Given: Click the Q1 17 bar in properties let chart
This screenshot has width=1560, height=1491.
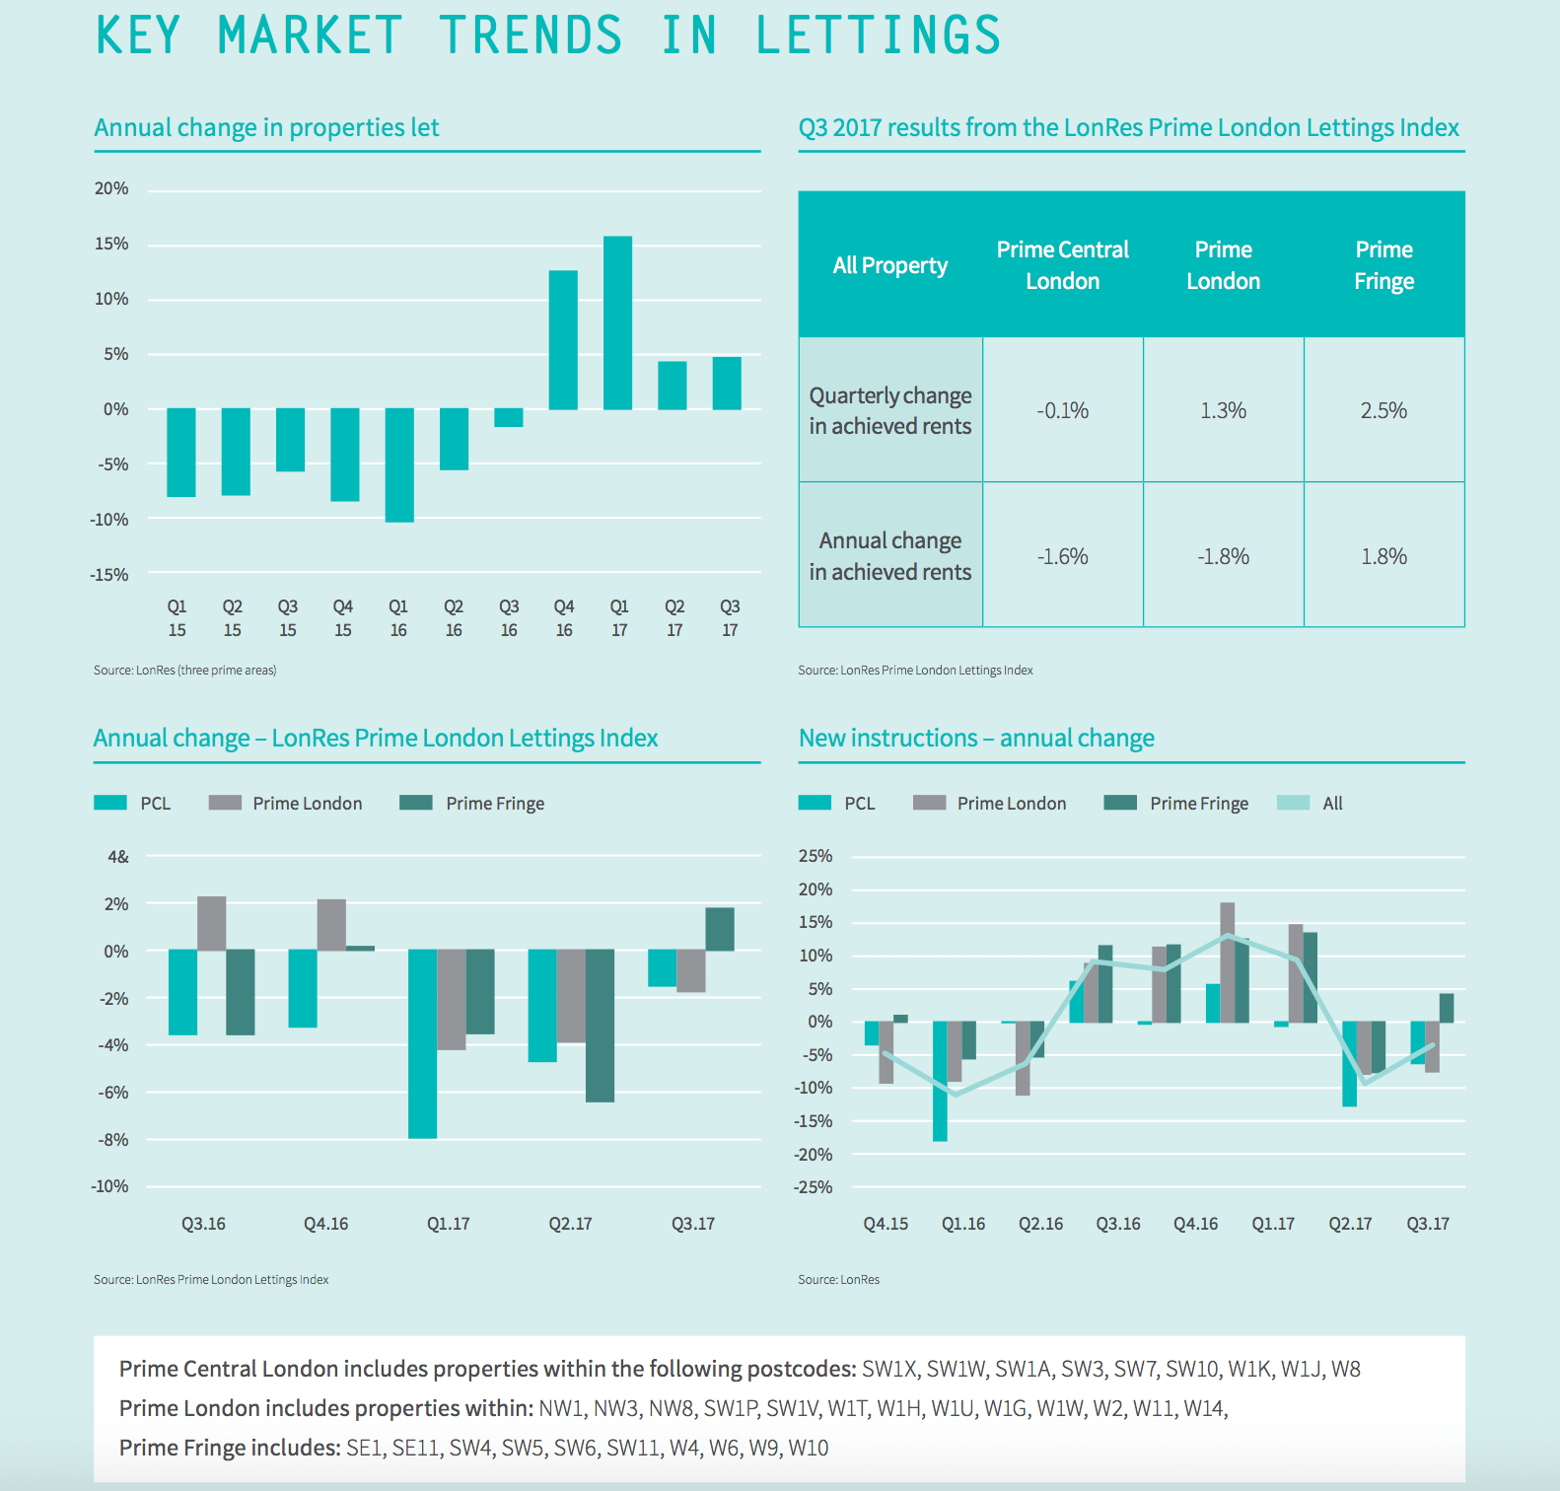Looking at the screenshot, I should (x=617, y=322).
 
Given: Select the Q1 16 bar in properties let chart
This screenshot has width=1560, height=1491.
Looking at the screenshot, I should (x=399, y=464).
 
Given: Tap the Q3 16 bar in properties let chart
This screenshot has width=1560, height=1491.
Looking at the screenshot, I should (x=509, y=417).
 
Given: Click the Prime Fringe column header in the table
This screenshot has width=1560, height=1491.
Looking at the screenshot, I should (x=1383, y=265).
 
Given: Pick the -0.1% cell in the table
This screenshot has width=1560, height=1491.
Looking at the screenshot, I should (x=1062, y=410).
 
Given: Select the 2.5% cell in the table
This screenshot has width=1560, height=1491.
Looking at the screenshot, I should (x=1383, y=410).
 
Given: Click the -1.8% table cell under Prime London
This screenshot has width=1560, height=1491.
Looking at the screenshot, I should (x=1223, y=556).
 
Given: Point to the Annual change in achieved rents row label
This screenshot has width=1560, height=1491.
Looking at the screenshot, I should (x=889, y=556).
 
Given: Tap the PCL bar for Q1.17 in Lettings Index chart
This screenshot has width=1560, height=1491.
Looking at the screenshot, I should (x=423, y=1043).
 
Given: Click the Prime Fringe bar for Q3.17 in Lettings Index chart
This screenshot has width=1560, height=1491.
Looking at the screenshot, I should (x=720, y=929).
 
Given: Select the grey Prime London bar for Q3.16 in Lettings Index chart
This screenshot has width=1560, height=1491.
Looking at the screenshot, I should (x=212, y=923).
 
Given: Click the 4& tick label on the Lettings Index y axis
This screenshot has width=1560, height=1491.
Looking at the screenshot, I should (x=118, y=857).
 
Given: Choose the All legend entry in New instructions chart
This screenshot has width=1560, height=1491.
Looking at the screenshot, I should (x=1332, y=804).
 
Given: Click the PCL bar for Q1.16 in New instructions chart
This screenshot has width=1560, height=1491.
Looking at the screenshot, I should (x=940, y=1081).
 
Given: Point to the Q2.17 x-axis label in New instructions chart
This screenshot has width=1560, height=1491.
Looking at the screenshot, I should (x=1350, y=1224).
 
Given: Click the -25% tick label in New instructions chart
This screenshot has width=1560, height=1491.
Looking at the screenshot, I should (x=814, y=1187).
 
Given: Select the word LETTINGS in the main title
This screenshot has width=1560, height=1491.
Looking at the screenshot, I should (x=878, y=35).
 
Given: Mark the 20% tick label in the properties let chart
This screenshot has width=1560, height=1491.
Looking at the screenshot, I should (x=111, y=188).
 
